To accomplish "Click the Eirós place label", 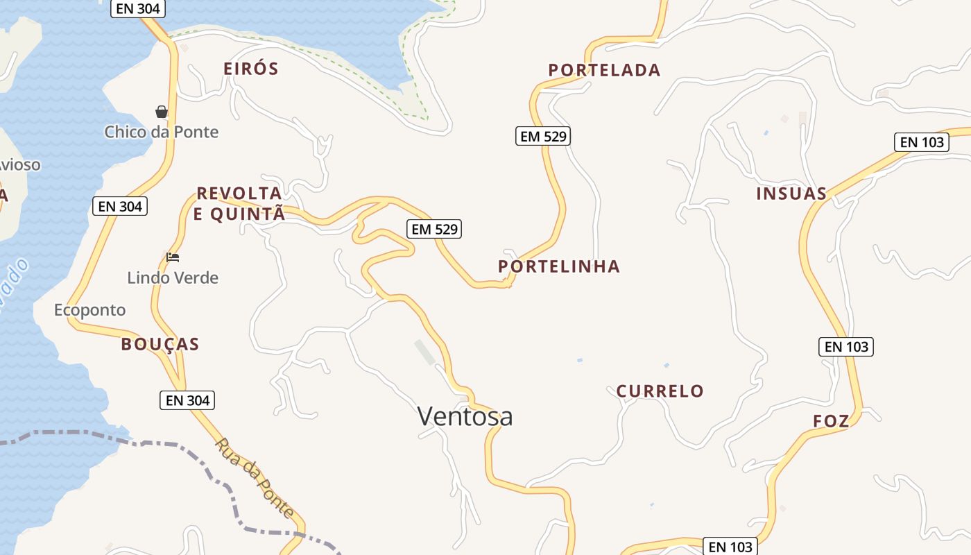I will (x=250, y=69).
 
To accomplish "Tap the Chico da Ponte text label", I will (x=162, y=132).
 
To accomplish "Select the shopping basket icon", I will (x=162, y=112).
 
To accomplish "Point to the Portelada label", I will (x=604, y=70).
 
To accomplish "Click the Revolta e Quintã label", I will (x=239, y=203).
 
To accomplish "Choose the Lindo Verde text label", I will (x=173, y=277).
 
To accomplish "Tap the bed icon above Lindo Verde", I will (x=173, y=257).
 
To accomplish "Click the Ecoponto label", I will (x=90, y=309).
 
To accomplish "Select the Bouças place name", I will (x=160, y=344).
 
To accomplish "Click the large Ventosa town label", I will (x=465, y=416).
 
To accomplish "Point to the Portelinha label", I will (x=559, y=266).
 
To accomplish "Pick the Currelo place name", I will (x=660, y=391).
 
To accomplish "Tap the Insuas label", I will (x=791, y=194).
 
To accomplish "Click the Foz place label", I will (x=831, y=421).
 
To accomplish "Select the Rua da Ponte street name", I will (x=254, y=477).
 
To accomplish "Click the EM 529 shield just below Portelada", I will (x=543, y=136).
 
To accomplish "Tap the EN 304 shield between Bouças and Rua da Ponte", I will (x=187, y=400).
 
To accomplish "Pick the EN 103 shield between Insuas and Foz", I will (x=846, y=347).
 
